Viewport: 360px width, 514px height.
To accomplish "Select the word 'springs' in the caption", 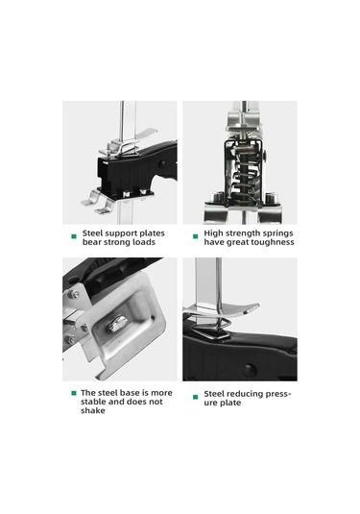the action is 279,233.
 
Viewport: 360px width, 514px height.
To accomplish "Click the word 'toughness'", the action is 276,242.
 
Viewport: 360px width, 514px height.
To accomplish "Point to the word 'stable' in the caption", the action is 93,402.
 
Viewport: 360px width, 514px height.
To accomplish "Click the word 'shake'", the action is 93,410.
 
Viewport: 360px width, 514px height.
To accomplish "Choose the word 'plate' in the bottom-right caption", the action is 231,403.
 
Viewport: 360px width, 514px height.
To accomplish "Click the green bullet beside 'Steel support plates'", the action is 74,236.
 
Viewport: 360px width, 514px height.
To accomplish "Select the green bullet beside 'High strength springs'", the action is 195,236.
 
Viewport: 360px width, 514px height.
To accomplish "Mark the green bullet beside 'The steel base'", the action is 74,393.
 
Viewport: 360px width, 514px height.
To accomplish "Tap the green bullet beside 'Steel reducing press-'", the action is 195,397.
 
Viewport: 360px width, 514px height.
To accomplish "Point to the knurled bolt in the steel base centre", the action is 116,324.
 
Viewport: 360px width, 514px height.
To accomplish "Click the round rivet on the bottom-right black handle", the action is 250,370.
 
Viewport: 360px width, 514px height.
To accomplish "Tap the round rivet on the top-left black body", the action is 162,164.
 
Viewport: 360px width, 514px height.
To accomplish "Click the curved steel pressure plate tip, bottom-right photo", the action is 255,306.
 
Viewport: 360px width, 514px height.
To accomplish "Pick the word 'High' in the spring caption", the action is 212,233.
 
